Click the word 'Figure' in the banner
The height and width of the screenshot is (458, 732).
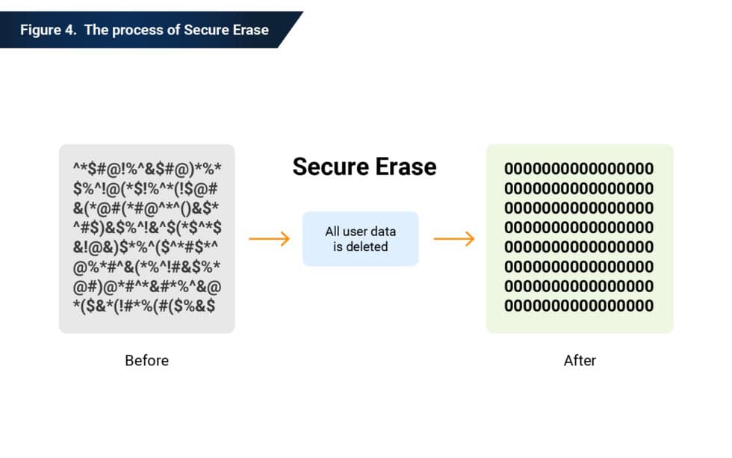click(40, 31)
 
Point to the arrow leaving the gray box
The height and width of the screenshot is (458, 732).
click(269, 239)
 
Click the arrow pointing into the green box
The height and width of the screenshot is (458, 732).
click(454, 239)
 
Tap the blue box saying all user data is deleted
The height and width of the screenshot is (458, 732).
click(360, 239)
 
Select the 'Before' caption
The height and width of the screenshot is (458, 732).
click(146, 361)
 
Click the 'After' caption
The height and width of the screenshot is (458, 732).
click(580, 361)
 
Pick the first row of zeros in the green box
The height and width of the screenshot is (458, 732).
click(579, 169)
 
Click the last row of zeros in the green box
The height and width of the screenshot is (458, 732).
click(579, 306)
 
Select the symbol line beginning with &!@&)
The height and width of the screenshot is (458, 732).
click(146, 247)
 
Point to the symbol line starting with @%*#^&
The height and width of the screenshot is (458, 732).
click(146, 267)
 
